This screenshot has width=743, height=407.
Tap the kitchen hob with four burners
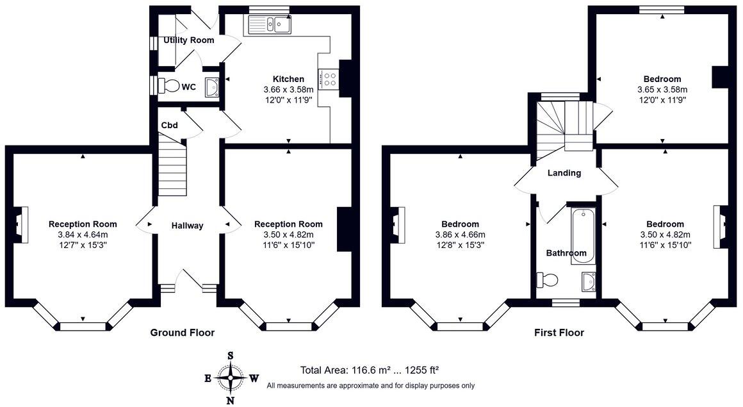[x=329, y=79]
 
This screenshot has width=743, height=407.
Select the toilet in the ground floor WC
[x=169, y=86]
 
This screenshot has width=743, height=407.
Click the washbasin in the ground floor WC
[x=212, y=87]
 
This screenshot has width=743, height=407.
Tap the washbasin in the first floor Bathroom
[x=588, y=281]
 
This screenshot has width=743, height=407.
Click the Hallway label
[x=187, y=226]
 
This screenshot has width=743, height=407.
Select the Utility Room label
[x=188, y=40]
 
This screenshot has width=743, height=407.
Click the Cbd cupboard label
[x=169, y=125]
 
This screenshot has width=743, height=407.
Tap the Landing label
[x=564, y=173]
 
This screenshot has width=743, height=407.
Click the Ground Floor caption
[x=183, y=333]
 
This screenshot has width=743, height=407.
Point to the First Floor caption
[x=559, y=333]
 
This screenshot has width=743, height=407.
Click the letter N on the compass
[x=231, y=401]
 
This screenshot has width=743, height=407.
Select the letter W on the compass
[x=254, y=378]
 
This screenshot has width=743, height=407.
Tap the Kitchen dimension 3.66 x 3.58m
[x=289, y=89]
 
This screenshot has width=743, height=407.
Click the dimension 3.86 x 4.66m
[x=460, y=235]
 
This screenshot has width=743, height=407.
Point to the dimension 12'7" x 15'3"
[x=83, y=245]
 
